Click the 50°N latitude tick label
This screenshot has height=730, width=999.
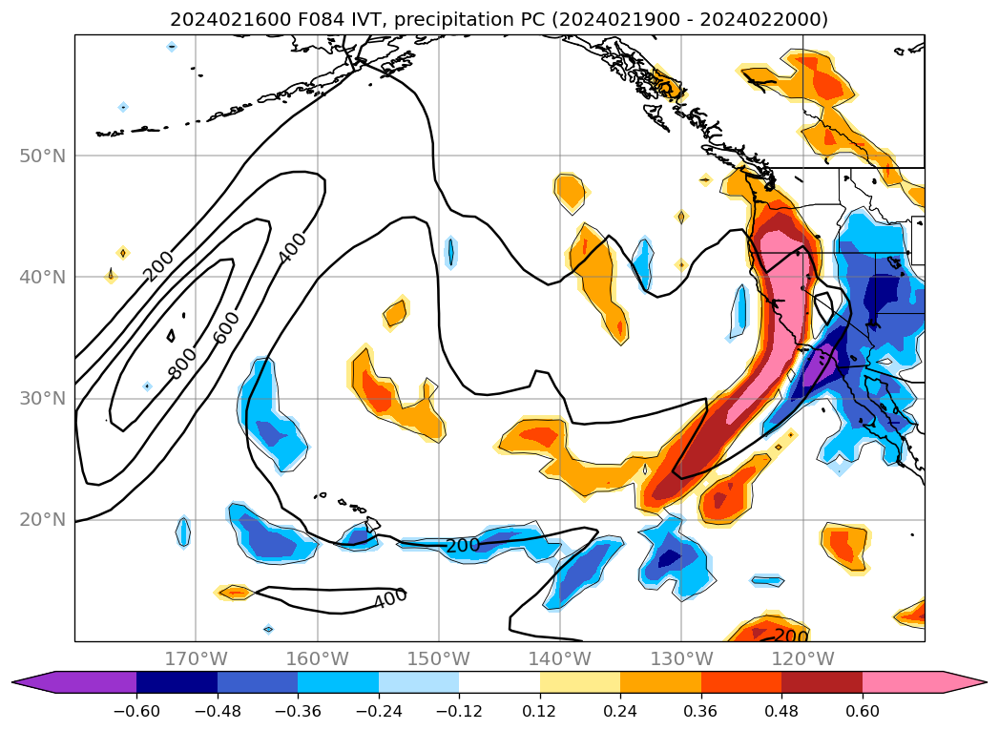pos(43,156)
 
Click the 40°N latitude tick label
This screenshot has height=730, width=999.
pos(43,277)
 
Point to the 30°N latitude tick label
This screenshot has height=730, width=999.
pos(43,398)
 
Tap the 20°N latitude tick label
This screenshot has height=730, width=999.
pos(43,520)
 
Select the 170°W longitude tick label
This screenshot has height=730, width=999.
pos(196,658)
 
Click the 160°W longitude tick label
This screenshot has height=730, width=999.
pos(317,658)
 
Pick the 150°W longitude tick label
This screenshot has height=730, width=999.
pos(439,658)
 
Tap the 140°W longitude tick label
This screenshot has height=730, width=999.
pos(560,658)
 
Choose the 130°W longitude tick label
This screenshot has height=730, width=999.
pos(681,658)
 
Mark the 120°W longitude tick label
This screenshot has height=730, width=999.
pos(802,658)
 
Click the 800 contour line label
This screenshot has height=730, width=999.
pos(182,363)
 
